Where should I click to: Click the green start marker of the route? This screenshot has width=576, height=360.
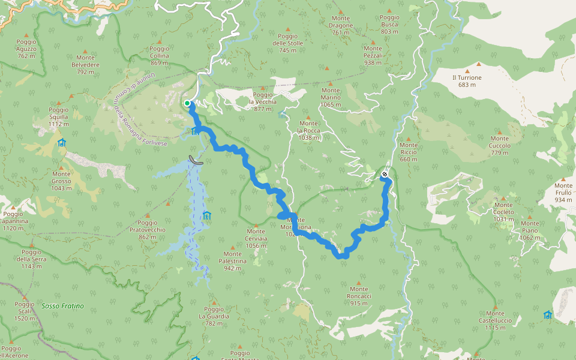187,103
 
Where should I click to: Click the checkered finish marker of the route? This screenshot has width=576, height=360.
385,175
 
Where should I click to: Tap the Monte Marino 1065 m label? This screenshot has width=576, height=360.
331,101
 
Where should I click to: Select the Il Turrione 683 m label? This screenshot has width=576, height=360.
467,81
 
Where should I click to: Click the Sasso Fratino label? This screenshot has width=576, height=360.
63,306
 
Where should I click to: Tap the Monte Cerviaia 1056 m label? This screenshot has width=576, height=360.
256,239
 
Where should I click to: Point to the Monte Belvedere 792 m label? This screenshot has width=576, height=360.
85,68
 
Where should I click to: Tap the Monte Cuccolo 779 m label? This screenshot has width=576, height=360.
499,149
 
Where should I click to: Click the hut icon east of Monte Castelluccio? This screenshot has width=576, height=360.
547,315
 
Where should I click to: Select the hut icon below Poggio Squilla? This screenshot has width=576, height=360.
61,143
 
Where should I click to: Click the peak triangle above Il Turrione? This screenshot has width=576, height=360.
479,64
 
